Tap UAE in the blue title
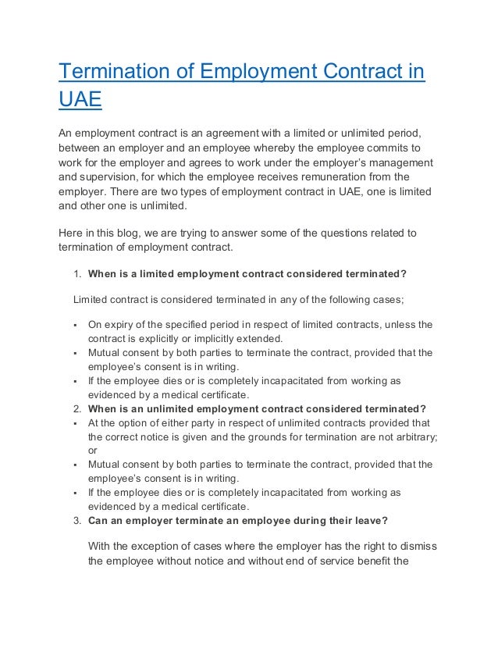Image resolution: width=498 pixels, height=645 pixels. click(80, 101)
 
